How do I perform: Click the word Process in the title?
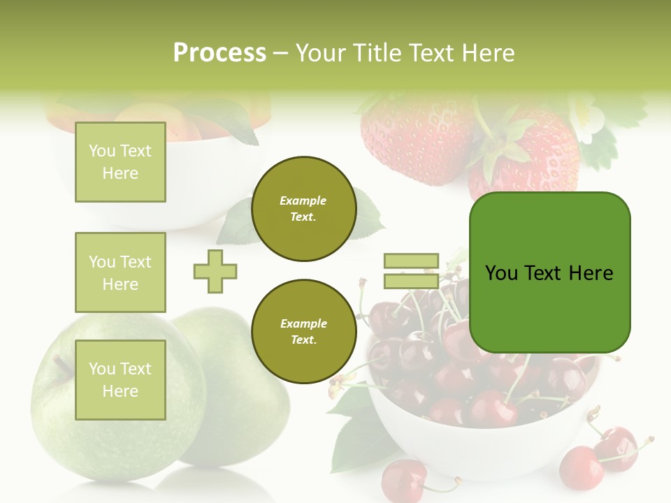click(219, 52)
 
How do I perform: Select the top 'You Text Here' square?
click(120, 162)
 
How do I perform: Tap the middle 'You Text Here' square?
click(120, 272)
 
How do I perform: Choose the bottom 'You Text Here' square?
click(120, 380)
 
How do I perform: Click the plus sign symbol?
click(215, 271)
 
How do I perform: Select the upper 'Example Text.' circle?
click(303, 209)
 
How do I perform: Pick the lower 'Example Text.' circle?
click(303, 332)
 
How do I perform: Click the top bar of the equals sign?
click(411, 261)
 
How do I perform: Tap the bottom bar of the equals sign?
click(411, 282)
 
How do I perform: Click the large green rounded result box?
click(549, 272)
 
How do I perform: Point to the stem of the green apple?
click(62, 364)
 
